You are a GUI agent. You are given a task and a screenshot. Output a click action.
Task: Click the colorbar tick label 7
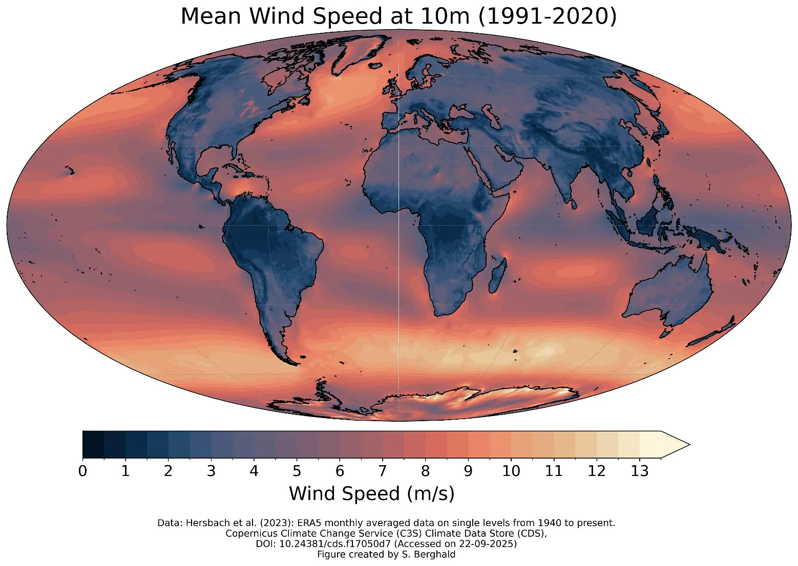tap(382, 471)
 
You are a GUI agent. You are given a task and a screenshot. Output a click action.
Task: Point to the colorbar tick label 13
tap(639, 471)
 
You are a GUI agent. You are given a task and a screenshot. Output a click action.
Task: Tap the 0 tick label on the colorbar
tap(82, 471)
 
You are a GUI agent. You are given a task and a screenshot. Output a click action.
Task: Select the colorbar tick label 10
tap(511, 471)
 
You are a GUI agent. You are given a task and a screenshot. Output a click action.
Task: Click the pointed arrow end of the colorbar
tap(690, 445)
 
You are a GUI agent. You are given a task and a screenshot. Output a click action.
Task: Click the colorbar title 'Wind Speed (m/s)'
tap(371, 494)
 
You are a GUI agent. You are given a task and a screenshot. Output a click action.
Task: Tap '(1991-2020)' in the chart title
tap(547, 16)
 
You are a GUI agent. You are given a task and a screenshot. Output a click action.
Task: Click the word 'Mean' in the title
tap(211, 16)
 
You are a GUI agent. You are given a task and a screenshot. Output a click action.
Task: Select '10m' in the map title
tap(445, 16)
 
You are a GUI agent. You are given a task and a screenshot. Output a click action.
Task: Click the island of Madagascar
tap(498, 276)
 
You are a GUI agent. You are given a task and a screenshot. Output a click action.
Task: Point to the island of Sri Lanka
tap(573, 204)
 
